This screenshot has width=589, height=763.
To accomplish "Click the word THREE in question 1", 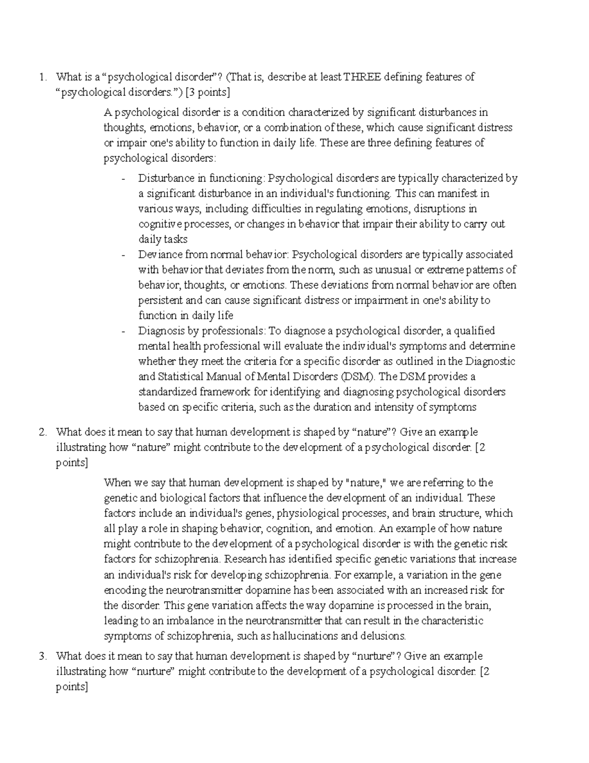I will pos(362,77).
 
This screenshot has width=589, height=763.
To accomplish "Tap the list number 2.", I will pos(43,432).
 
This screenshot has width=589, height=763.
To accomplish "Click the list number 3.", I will pos(43,656).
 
